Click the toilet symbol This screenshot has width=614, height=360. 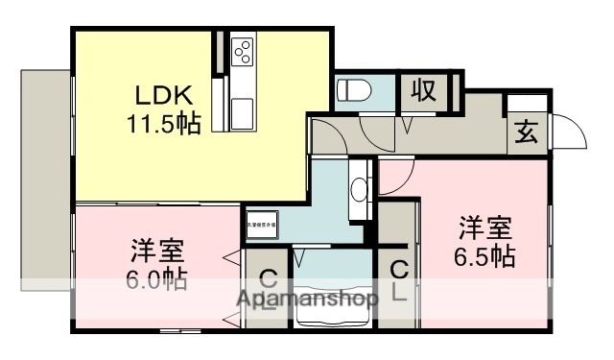click(354, 92)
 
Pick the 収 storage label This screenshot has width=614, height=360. click(424, 91)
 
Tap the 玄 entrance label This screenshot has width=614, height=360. click(527, 132)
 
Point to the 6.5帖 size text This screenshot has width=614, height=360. click(484, 256)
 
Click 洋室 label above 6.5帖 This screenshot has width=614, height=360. click(484, 228)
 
